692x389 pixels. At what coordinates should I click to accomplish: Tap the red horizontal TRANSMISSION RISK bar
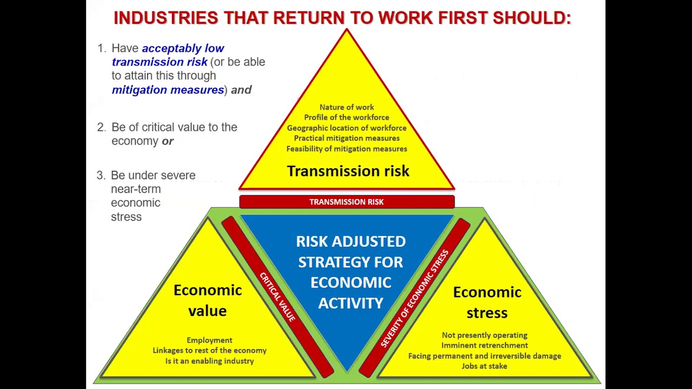tap(347, 202)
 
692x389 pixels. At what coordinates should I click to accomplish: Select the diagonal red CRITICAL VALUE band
tap(277, 297)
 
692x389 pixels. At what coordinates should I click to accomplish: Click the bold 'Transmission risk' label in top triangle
tap(348, 171)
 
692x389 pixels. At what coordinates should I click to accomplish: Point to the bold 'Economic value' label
tap(208, 300)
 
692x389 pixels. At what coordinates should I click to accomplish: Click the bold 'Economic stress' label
tap(487, 302)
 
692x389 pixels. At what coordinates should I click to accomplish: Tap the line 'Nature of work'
tap(347, 108)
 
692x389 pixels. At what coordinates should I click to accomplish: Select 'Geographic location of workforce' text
tap(347, 128)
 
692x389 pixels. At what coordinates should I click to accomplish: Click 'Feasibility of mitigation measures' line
tap(347, 149)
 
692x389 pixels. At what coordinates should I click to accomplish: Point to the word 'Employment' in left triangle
tap(209, 340)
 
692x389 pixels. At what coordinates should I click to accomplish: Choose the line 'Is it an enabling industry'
tap(209, 361)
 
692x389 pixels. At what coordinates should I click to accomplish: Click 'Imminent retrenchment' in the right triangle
tap(484, 345)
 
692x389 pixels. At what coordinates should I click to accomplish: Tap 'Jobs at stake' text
tap(484, 366)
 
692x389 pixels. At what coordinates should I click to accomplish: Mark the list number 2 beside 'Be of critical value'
tap(101, 128)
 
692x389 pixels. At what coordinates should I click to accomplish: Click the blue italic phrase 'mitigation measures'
tap(168, 90)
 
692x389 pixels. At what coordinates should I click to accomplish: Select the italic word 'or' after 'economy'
tap(168, 141)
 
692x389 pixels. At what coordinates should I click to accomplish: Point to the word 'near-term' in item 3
tap(136, 189)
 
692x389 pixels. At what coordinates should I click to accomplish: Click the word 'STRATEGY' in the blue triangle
tap(350, 262)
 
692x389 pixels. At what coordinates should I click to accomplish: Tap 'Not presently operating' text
tap(484, 335)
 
